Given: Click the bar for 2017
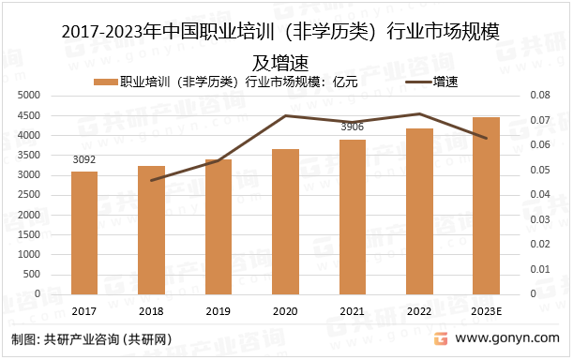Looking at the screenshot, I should click(x=83, y=232).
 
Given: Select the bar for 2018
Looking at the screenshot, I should click(x=151, y=230).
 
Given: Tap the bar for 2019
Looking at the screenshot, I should click(x=218, y=226).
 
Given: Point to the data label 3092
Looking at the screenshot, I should click(x=83, y=160).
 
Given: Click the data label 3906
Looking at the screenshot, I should click(x=353, y=127).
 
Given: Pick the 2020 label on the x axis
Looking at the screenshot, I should click(x=285, y=311).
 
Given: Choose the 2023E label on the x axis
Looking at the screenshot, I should click(x=486, y=311).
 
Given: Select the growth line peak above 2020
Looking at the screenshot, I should click(x=285, y=115).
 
